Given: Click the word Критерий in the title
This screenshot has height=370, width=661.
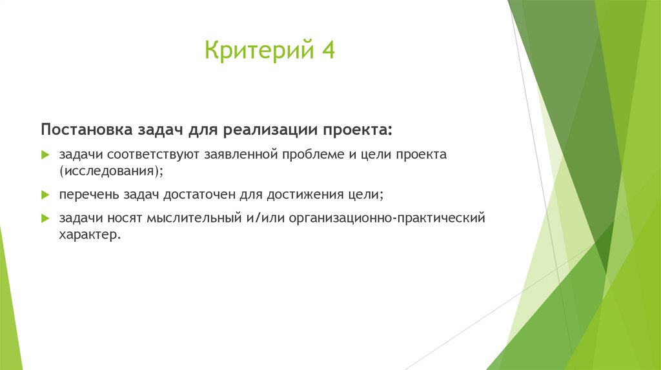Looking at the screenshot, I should coord(255,50).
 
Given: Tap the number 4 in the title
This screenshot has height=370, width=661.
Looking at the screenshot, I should coord(328,50).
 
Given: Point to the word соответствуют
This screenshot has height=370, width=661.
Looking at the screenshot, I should coord(154,155).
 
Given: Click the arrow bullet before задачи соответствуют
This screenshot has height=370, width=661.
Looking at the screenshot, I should coord(45,155).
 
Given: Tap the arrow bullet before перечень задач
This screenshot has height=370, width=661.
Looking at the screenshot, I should coord(45,194).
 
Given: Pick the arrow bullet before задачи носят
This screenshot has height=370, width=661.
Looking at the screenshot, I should coord(45,219).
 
